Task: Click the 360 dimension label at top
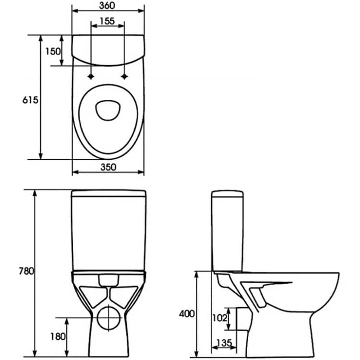107,5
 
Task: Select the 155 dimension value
107,21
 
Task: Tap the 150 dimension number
53,51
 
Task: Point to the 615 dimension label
30,100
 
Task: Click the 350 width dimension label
108,167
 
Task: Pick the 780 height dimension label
26,271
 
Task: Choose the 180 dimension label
58,336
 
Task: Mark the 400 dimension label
187,313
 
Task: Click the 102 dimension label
220,318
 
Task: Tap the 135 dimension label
224,343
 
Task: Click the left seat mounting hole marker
91,76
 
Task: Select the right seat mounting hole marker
124,76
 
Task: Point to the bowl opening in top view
108,110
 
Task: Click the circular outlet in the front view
108,318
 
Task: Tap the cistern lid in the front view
108,193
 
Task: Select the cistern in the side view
228,231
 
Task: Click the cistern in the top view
108,50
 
